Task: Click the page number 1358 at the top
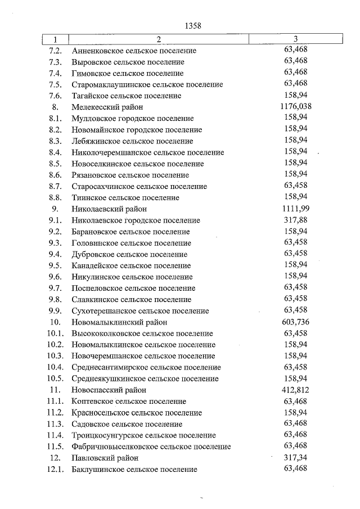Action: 192,25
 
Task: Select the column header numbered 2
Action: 159,39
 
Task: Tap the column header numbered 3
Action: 296,39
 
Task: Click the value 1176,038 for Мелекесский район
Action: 296,106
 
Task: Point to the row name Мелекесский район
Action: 107,107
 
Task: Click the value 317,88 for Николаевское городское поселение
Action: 296,219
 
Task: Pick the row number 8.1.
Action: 55,118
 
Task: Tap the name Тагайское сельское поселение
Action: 127,96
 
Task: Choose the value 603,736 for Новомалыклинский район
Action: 296,322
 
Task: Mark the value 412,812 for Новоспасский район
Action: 296,389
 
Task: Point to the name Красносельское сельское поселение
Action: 137,412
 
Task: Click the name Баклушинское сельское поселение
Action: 134,469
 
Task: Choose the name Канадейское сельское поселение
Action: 132,265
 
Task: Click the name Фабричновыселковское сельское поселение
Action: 151,446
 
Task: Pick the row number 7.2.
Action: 55,51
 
